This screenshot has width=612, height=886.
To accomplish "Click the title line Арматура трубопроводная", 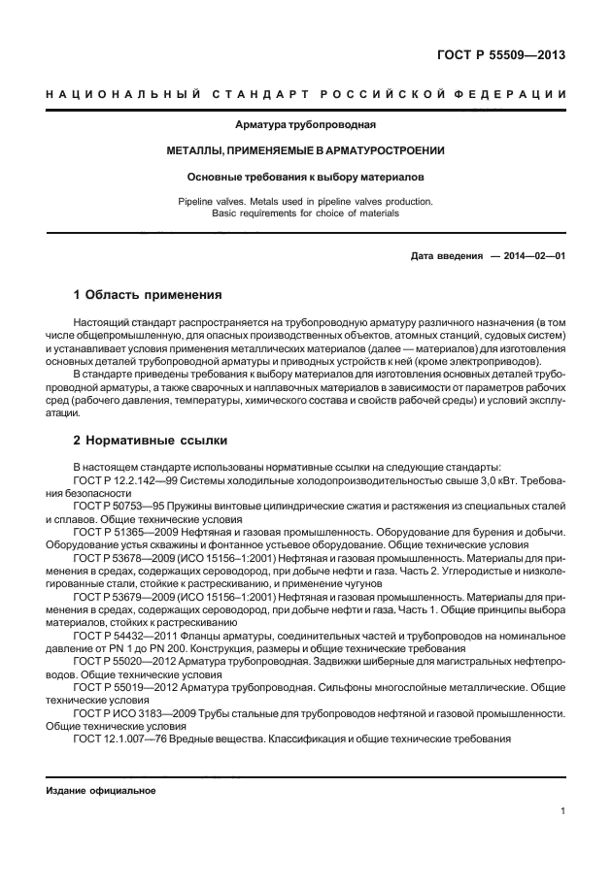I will (x=305, y=125).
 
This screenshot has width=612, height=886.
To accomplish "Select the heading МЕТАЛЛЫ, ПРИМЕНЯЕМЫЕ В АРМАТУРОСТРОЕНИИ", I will (x=305, y=151).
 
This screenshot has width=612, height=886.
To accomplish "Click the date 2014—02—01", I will (x=531, y=256).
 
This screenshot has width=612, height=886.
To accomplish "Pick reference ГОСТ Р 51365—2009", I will (x=124, y=533).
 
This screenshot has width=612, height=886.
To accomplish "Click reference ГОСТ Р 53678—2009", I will (x=124, y=560).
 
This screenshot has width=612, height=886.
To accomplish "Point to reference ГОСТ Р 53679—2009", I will (x=124, y=600).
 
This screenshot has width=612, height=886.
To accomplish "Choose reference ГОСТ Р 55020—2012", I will (x=124, y=660).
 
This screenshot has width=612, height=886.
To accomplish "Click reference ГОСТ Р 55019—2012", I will (x=124, y=686).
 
